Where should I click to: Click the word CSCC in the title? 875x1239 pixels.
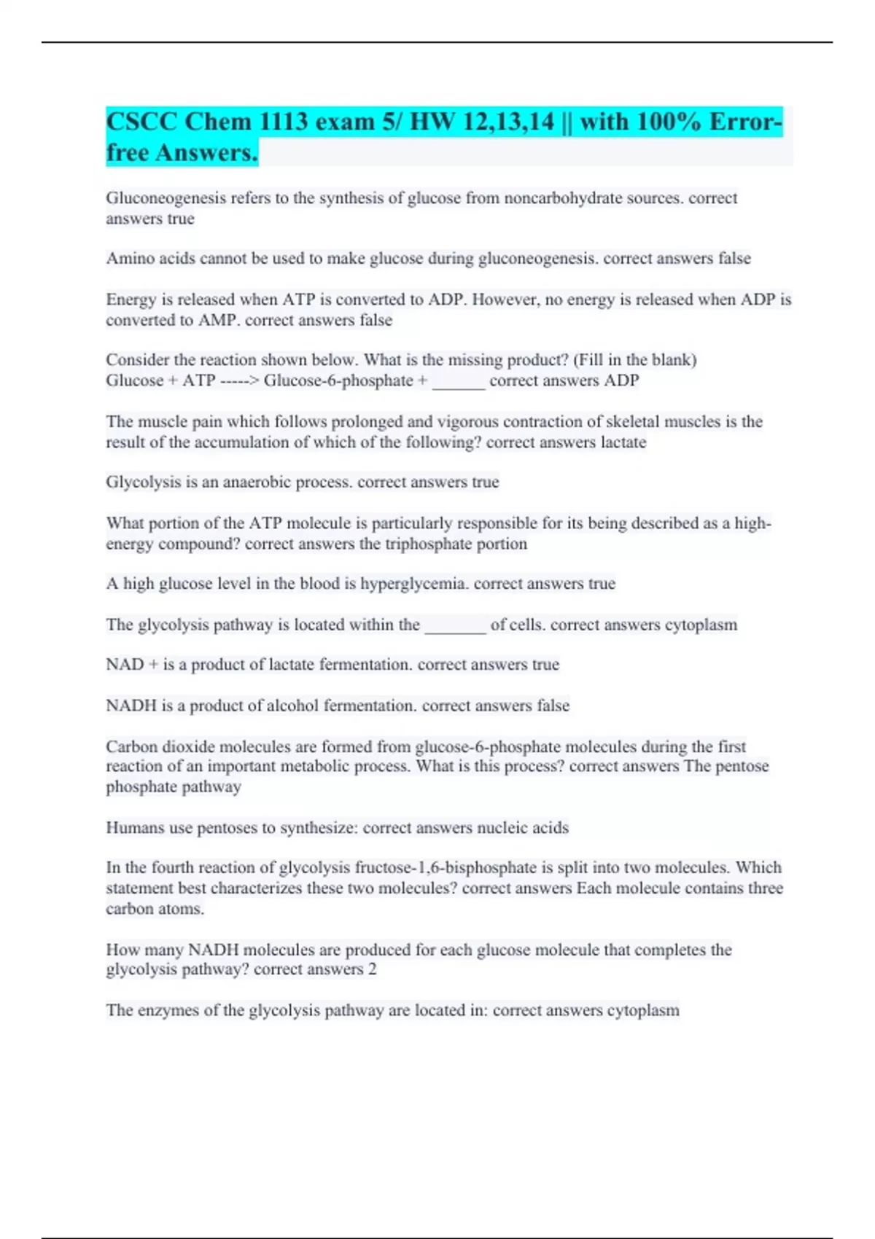[141, 122]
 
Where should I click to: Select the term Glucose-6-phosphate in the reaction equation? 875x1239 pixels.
[338, 381]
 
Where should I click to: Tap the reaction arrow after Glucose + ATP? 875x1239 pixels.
[240, 381]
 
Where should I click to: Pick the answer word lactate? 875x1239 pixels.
[623, 442]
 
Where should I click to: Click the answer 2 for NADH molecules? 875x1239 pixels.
[373, 969]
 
